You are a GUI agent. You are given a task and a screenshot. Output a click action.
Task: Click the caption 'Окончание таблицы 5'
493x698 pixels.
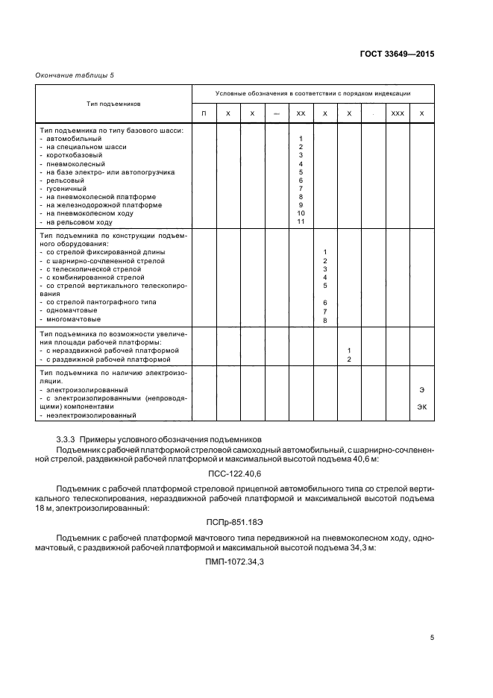pyautogui.click(x=75, y=75)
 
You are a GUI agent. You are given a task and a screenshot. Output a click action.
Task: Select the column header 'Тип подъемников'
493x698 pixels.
pyautogui.click(x=114, y=104)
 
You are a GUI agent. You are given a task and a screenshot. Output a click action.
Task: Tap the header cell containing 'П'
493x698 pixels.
pyautogui.click(x=204, y=113)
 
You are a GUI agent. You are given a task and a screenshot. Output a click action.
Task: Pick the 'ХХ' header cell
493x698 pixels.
pyautogui.click(x=301, y=113)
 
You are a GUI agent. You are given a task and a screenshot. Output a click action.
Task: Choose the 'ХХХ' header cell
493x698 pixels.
pyautogui.click(x=398, y=113)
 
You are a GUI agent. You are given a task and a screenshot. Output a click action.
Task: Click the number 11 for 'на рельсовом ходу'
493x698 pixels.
pyautogui.click(x=301, y=221)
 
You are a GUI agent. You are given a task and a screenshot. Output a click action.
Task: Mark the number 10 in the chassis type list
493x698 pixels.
pyautogui.click(x=301, y=213)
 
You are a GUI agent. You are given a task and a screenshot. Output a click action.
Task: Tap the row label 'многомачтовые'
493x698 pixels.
pyautogui.click(x=74, y=319)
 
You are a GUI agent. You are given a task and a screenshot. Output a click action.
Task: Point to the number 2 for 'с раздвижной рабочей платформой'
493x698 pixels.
pyautogui.click(x=349, y=359)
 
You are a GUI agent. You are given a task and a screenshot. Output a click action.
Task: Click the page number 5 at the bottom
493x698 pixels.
pyautogui.click(x=432, y=638)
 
